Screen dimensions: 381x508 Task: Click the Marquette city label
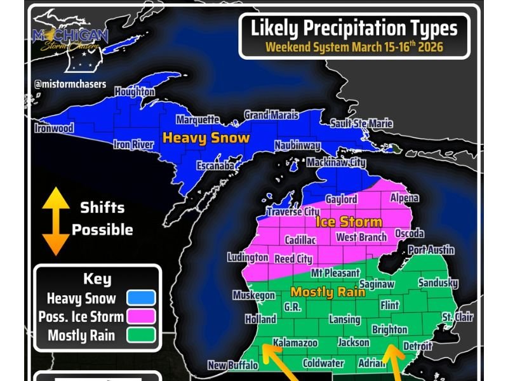pyautogui.click(x=197, y=119)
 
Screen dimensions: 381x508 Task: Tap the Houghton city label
pyautogui.click(x=134, y=91)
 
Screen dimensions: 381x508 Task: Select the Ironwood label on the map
pyautogui.click(x=54, y=128)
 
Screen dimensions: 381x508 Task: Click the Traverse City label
pyautogui.click(x=293, y=211)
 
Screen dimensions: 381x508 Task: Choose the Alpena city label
pyautogui.click(x=404, y=198)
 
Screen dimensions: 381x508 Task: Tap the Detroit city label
pyautogui.click(x=418, y=346)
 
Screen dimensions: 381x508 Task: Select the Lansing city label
pyautogui.click(x=345, y=319)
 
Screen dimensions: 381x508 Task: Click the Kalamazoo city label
pyautogui.click(x=295, y=343)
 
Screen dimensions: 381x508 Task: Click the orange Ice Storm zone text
pyautogui.click(x=349, y=222)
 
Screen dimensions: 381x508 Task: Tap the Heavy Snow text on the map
pyautogui.click(x=206, y=137)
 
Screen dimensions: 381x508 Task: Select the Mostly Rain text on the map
pyautogui.click(x=328, y=292)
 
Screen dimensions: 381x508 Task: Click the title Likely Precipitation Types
pyautogui.click(x=354, y=29)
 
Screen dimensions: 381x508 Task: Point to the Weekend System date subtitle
pyautogui.click(x=354, y=47)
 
